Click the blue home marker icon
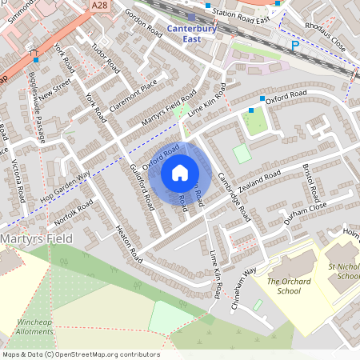point(180,172)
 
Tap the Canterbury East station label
point(191,34)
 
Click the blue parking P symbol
point(294,46)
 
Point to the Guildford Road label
point(142,187)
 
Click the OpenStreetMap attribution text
point(81,354)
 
